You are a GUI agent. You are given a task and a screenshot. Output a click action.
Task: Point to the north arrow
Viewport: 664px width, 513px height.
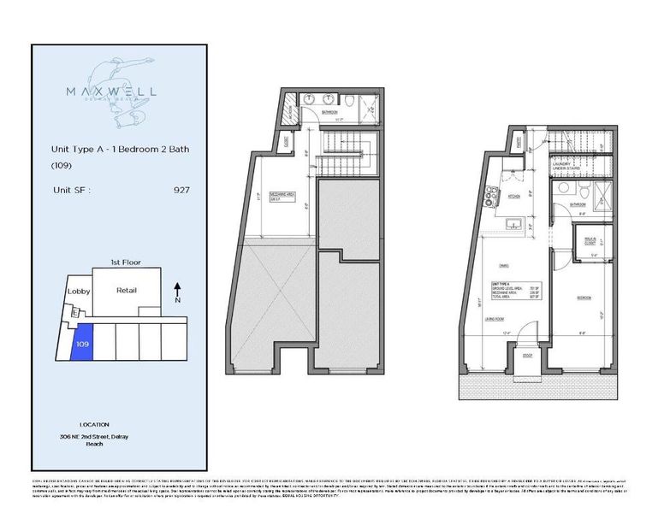pyautogui.click(x=177, y=291)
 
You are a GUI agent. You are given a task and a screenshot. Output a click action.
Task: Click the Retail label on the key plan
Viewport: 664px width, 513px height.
pyautogui.click(x=127, y=291)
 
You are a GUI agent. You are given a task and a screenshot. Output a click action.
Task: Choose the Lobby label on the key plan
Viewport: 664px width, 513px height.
pyautogui.click(x=78, y=292)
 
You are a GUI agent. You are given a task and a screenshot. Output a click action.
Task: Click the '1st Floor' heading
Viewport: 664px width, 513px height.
pyautogui.click(x=125, y=261)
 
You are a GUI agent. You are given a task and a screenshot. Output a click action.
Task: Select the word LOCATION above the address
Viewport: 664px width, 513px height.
pyautogui.click(x=94, y=424)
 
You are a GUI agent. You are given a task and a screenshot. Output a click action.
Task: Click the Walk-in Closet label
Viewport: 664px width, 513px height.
pyautogui.click(x=590, y=241)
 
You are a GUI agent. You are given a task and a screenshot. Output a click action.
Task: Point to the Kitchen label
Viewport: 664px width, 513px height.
pyautogui.click(x=515, y=197)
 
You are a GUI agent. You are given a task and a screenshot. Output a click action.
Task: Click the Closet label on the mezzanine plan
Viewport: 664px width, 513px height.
pyautogui.click(x=288, y=141)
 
